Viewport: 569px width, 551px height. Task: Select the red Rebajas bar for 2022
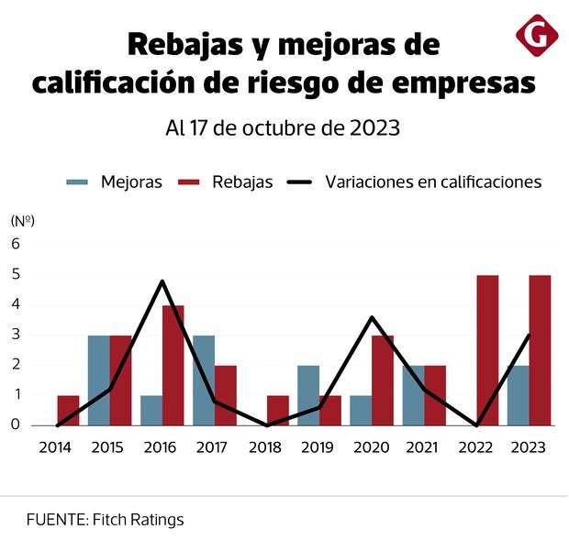pyautogui.click(x=487, y=350)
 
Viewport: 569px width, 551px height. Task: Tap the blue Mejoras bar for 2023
pyautogui.click(x=518, y=395)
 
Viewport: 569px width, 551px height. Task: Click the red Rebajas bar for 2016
pyautogui.click(x=173, y=365)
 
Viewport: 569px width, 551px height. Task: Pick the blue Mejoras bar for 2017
pyautogui.click(x=204, y=380)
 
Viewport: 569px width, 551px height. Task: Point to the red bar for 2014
pyautogui.click(x=68, y=410)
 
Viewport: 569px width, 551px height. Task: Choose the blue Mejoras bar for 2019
pyautogui.click(x=308, y=395)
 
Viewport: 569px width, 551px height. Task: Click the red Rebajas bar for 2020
pyautogui.click(x=383, y=380)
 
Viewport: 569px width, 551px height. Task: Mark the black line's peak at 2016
pyautogui.click(x=162, y=281)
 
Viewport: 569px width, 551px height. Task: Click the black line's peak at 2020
pyautogui.click(x=371, y=318)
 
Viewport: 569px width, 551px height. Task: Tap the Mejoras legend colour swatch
pyautogui.click(x=77, y=182)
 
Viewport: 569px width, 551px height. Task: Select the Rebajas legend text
pyautogui.click(x=242, y=182)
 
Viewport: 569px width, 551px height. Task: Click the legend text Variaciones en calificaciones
pyautogui.click(x=433, y=182)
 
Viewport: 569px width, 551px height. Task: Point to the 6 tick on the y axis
pyautogui.click(x=16, y=244)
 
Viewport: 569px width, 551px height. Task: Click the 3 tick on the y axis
pyautogui.click(x=16, y=335)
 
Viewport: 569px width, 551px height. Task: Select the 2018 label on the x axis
pyautogui.click(x=266, y=447)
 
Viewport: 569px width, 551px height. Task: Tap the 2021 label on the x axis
pyautogui.click(x=423, y=447)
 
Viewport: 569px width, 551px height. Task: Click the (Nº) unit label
pyautogui.click(x=23, y=220)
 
